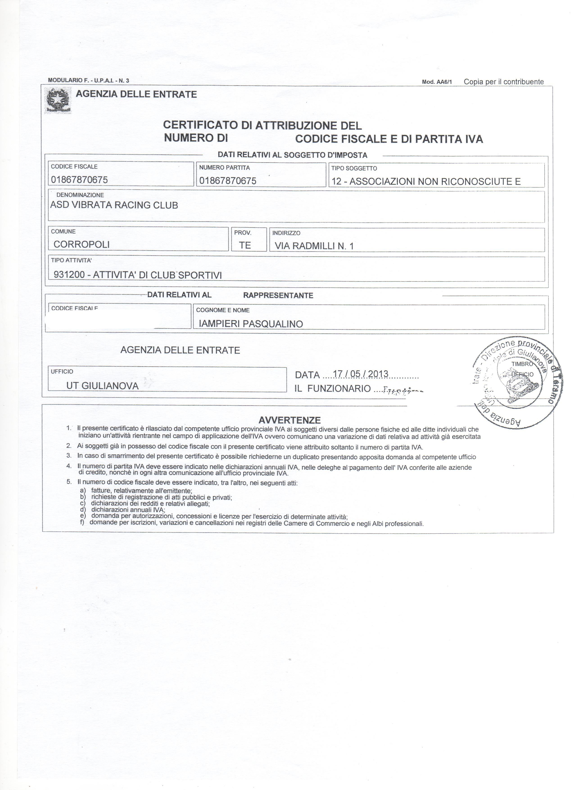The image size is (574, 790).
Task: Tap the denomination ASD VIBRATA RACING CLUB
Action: (x=114, y=205)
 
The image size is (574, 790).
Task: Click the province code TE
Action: (x=245, y=245)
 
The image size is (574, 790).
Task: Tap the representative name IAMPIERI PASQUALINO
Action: (x=251, y=324)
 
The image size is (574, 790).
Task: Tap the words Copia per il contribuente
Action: (x=504, y=82)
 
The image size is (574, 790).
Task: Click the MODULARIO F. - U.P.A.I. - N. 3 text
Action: (x=88, y=80)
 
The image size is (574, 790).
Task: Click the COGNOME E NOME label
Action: (x=223, y=310)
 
